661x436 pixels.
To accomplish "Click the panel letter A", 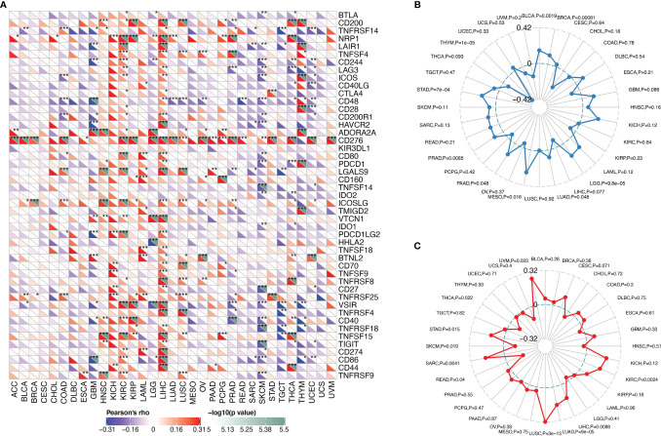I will (6, 6).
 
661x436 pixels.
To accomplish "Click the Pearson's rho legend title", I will (94, 405).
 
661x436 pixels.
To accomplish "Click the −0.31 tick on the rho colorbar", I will (84, 426).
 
